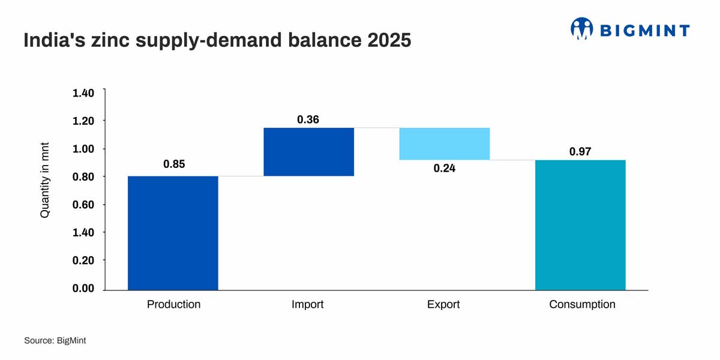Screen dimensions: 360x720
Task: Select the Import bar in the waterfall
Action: [309, 152]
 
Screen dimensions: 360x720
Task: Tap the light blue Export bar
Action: [445, 144]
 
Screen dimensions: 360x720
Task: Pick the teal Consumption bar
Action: [580, 225]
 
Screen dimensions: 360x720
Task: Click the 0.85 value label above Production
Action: [174, 164]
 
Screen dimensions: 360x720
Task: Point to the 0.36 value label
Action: [308, 119]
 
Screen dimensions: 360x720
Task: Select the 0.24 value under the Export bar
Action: [445, 169]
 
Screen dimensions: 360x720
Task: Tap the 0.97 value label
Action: [580, 152]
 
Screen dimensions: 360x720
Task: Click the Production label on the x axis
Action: [173, 304]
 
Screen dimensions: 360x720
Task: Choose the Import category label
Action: [307, 304]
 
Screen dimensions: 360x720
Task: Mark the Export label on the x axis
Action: [443, 304]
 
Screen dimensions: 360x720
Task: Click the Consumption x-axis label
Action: [582, 304]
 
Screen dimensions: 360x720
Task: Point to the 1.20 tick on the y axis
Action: [83, 121]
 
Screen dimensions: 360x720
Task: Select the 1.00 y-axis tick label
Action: [83, 149]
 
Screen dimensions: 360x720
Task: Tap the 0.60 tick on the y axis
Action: [83, 205]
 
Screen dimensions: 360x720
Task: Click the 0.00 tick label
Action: [83, 289]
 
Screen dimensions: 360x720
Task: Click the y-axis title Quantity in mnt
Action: [45, 180]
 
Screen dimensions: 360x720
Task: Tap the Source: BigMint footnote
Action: [55, 340]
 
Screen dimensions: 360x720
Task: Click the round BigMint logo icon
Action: [581, 28]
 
